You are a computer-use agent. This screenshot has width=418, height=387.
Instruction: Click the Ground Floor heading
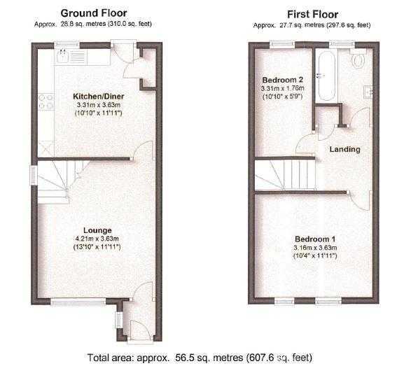click(x=92, y=13)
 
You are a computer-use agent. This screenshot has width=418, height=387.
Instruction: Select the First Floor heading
click(x=312, y=14)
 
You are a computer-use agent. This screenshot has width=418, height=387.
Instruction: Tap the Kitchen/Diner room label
click(x=98, y=97)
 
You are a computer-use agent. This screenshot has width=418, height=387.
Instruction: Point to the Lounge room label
click(x=97, y=230)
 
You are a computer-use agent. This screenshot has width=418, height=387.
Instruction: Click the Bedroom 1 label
click(x=315, y=238)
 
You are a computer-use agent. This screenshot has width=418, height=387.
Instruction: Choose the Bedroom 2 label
click(x=281, y=79)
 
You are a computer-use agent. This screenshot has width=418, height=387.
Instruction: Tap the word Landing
click(x=344, y=149)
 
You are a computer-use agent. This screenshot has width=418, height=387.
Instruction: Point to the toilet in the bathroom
click(x=358, y=60)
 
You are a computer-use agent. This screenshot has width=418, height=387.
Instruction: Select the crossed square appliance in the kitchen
click(x=46, y=147)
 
